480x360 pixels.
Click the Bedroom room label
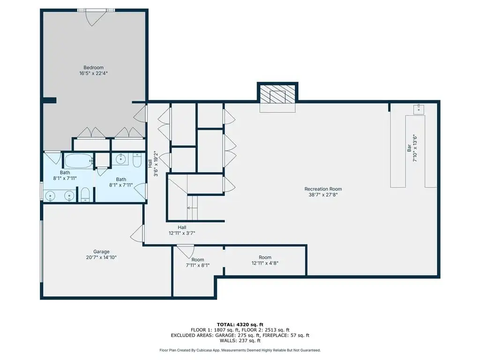[93, 67]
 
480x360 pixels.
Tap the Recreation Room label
[323, 189]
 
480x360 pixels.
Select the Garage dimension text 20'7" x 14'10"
[101, 257]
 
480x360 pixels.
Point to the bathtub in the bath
[78, 161]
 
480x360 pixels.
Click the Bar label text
[409, 149]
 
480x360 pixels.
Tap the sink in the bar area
[419, 109]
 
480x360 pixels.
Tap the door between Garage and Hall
[137, 233]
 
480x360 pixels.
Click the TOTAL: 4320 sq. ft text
[240, 324]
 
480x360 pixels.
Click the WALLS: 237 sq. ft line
[240, 341]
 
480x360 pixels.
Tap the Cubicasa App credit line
[240, 350]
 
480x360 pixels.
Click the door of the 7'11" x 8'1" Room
[186, 251]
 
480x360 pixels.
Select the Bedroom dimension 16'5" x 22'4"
[93, 73]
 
